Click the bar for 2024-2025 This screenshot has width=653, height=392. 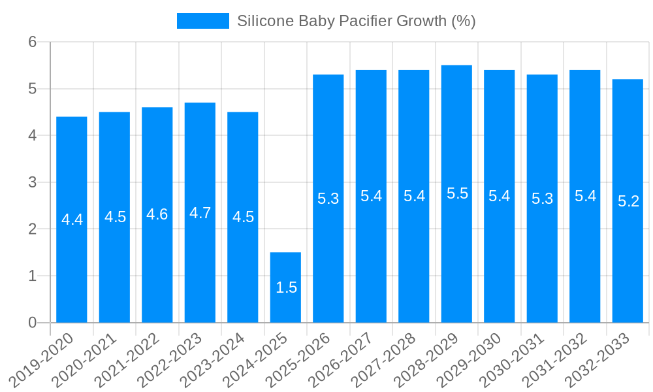click(285, 287)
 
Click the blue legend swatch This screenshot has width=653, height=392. click(202, 21)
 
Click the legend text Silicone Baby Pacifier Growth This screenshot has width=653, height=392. click(356, 21)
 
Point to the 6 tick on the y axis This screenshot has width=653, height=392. click(32, 42)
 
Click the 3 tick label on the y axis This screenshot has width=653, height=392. click(32, 182)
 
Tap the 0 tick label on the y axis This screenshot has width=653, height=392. click(32, 323)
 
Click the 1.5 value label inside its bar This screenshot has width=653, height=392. click(286, 287)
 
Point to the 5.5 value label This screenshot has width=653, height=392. click(457, 193)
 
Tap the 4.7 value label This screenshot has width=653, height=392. click(200, 213)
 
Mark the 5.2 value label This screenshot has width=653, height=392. click(628, 201)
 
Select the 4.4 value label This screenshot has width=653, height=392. click(72, 220)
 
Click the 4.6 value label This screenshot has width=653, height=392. click(157, 214)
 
